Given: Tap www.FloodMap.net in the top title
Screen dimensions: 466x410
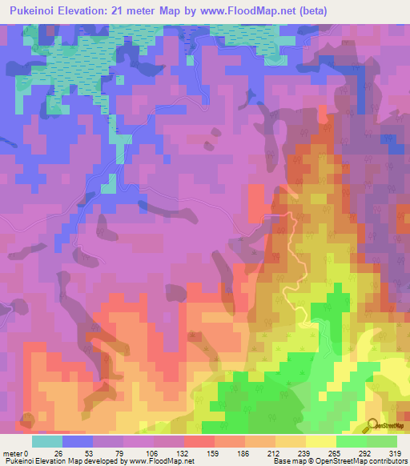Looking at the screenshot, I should (263, 10).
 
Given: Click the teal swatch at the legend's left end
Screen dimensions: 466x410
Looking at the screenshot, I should (47, 441).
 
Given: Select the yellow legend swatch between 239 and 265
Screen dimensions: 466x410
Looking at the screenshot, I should (321, 441).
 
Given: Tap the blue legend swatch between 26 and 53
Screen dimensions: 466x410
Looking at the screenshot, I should (78, 441).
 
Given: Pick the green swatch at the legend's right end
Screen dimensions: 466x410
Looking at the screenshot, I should (382, 441).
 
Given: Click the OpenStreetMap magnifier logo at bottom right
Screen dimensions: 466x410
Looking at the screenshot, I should (372, 425).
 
